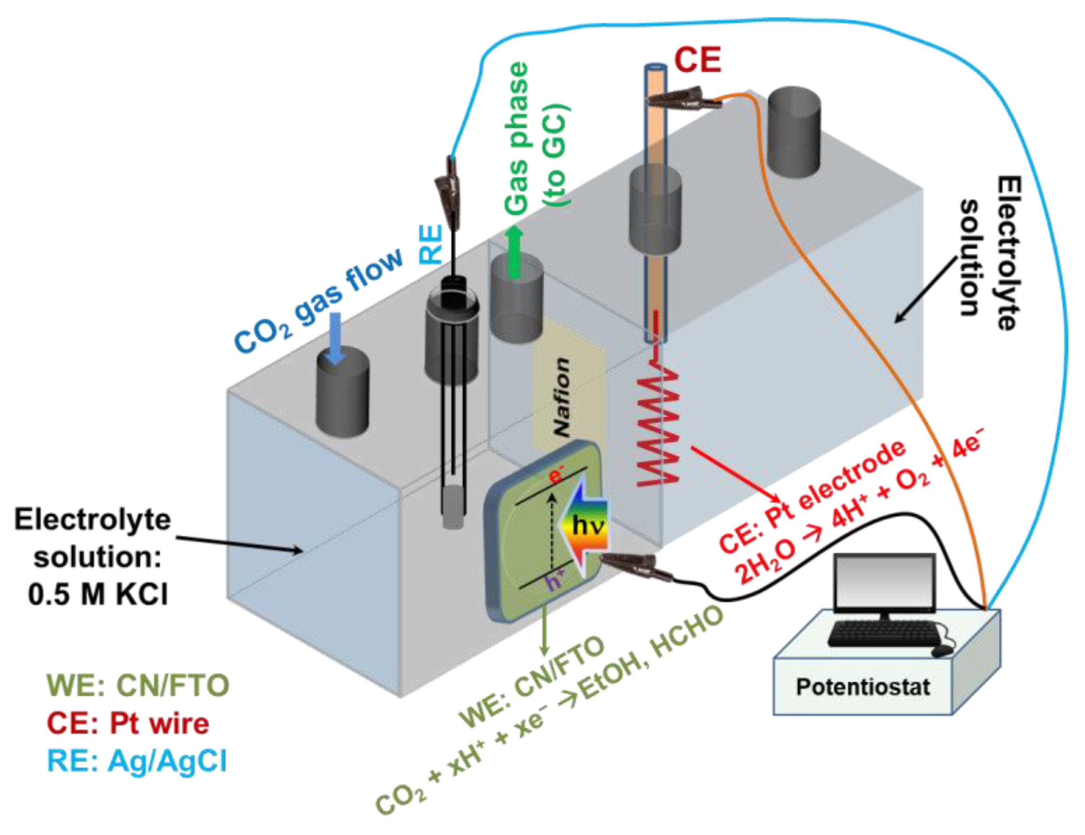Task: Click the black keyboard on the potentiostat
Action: tap(884, 633)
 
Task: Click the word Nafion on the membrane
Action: tap(562, 397)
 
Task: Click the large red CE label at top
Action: tap(697, 60)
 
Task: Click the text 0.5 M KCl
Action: tap(98, 595)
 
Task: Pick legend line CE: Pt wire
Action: tap(128, 724)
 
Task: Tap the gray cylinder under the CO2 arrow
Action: tap(343, 393)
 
